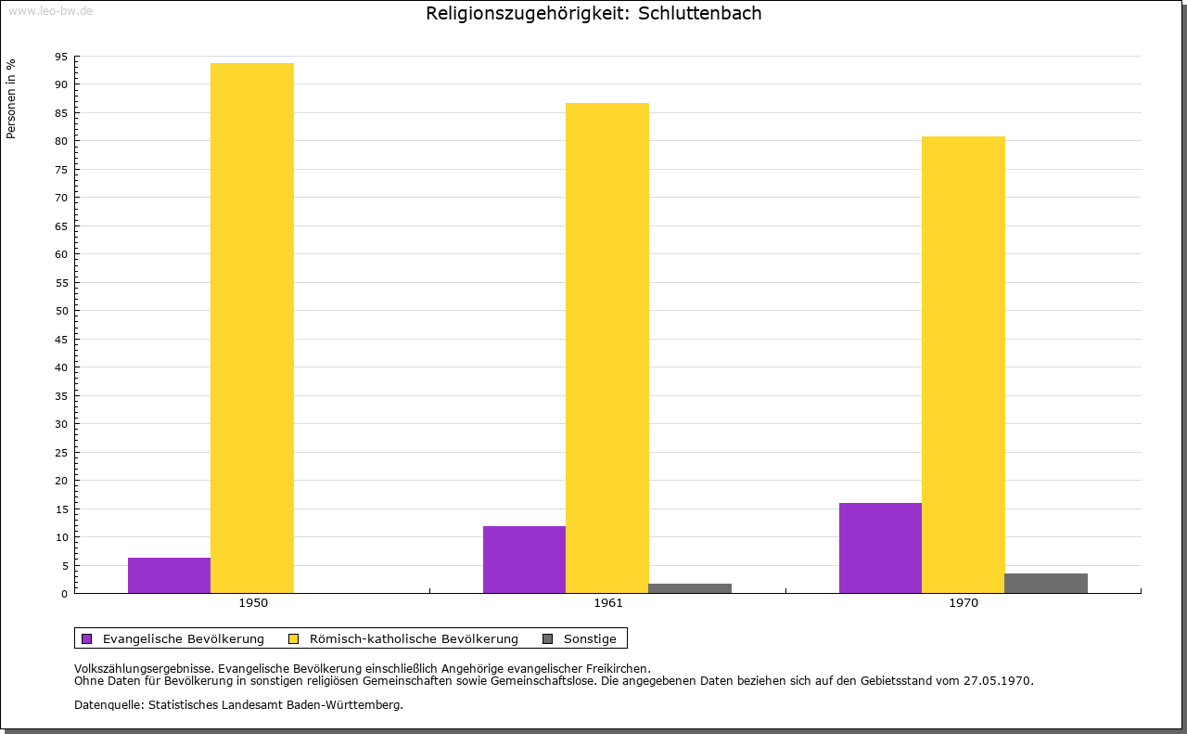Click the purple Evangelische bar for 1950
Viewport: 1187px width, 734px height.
169,575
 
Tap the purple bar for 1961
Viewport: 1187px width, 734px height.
524,560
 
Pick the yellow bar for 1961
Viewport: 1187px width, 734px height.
607,348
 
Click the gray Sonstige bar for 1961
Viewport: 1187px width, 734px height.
690,588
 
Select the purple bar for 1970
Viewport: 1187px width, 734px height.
880,547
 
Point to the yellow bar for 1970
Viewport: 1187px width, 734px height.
963,365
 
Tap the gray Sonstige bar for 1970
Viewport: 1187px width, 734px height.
1046,584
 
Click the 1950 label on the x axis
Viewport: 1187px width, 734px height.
253,603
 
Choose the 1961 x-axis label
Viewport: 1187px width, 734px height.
608,603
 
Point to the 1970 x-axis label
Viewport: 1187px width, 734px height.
964,603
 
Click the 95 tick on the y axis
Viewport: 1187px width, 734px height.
61,57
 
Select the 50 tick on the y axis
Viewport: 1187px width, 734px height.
61,311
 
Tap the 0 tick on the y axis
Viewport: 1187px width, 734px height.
64,594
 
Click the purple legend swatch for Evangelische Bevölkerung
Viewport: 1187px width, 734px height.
87,638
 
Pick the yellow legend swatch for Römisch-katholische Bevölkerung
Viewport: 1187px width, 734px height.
293,638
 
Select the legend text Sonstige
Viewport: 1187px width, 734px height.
590,638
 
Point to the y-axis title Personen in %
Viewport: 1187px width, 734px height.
11,98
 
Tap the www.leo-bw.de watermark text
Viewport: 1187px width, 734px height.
49,9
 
